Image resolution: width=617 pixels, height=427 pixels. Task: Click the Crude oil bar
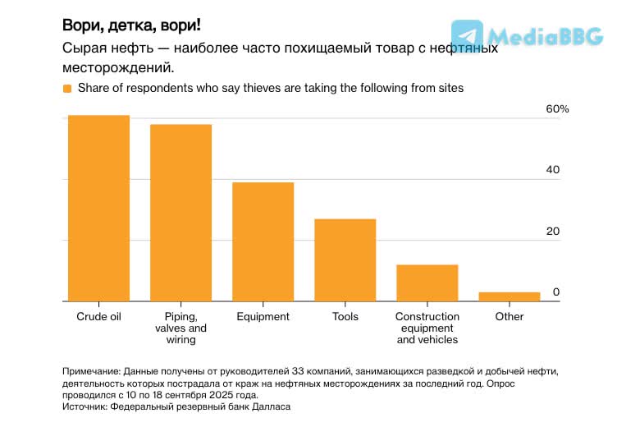[98, 209]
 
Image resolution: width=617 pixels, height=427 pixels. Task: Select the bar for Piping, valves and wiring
[181, 213]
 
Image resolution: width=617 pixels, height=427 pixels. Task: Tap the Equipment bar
[263, 241]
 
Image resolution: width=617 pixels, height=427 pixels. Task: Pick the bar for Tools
[345, 260]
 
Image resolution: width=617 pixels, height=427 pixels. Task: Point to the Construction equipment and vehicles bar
[427, 282]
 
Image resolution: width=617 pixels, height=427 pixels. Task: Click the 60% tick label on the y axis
[557, 110]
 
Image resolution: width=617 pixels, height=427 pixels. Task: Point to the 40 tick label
[553, 171]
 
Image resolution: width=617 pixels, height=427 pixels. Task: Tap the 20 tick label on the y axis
[553, 232]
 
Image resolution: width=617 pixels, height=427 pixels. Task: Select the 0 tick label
[555, 292]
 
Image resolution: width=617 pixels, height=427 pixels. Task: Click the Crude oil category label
[98, 317]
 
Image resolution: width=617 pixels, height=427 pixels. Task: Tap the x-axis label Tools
[345, 317]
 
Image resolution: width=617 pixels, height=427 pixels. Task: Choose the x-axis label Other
[509, 317]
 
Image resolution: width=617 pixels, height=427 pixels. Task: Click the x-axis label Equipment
[263, 317]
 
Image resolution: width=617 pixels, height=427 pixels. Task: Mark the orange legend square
[67, 88]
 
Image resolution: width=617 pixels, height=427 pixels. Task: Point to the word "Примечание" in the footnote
[93, 371]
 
